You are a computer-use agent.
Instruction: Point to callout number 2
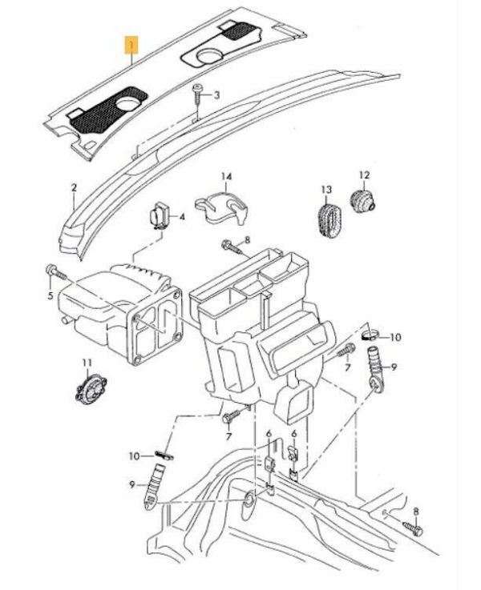(73, 190)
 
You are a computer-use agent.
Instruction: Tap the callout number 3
(216, 95)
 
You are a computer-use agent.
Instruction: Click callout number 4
(182, 216)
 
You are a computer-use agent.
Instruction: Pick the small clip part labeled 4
(159, 216)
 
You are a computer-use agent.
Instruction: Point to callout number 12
(364, 175)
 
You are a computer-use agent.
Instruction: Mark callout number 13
(326, 191)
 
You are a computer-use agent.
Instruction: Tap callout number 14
(226, 176)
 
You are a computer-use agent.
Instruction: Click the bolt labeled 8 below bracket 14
(228, 245)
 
